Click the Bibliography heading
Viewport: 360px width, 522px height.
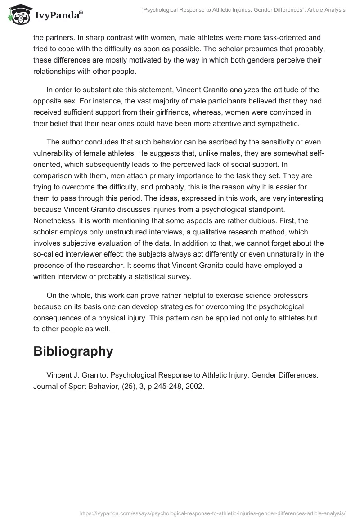pos(73,351)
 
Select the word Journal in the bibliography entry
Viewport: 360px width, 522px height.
pos(46,386)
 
